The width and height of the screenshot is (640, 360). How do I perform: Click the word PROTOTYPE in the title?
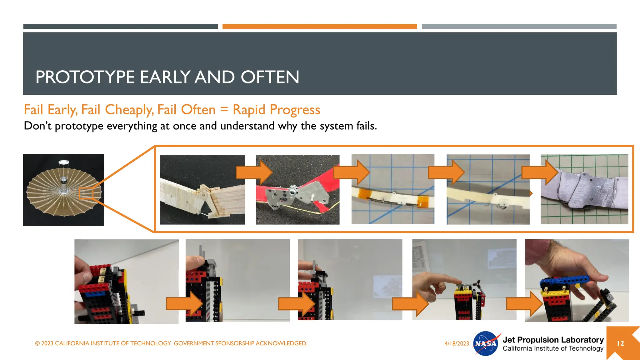85,77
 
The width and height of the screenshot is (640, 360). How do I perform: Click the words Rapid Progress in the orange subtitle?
276,110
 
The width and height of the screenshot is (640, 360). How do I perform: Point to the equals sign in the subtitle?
224,110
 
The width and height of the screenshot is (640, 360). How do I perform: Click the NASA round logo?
485,343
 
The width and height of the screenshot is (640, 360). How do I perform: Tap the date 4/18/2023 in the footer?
457,343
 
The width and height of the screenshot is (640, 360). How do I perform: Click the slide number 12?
620,343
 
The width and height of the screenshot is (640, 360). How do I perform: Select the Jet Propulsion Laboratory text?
553,340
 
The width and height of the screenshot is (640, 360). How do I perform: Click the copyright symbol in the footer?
37,343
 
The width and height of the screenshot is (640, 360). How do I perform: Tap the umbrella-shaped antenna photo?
63,190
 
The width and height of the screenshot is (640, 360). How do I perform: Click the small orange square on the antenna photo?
86,193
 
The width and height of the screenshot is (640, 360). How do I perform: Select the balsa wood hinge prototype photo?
202,190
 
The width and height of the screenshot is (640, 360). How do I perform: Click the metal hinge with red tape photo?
297,190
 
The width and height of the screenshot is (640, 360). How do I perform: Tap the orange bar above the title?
319,27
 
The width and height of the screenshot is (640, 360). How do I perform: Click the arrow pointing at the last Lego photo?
524,303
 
